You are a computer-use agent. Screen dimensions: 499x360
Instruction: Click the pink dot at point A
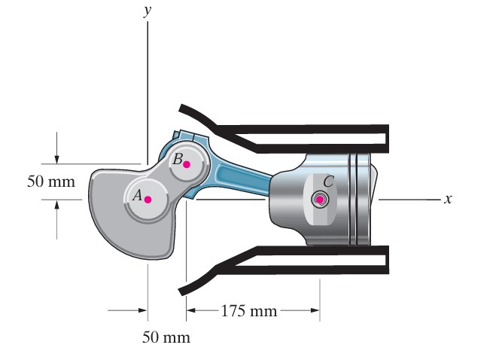coord(148,200)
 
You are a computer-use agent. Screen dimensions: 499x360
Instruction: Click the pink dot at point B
coord(187,164)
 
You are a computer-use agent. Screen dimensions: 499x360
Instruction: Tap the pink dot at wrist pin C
coord(320,200)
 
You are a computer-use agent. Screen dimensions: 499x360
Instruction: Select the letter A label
coord(137,194)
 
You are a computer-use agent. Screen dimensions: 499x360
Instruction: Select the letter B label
coord(178,159)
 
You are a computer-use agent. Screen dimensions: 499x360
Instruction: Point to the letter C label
coord(328,182)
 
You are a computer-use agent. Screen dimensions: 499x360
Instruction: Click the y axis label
coord(147,11)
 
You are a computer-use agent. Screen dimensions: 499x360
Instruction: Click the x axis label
coord(448,199)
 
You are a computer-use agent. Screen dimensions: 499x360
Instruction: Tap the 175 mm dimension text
coord(249,310)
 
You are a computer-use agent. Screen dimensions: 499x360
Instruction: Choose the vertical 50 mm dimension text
coord(51,182)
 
